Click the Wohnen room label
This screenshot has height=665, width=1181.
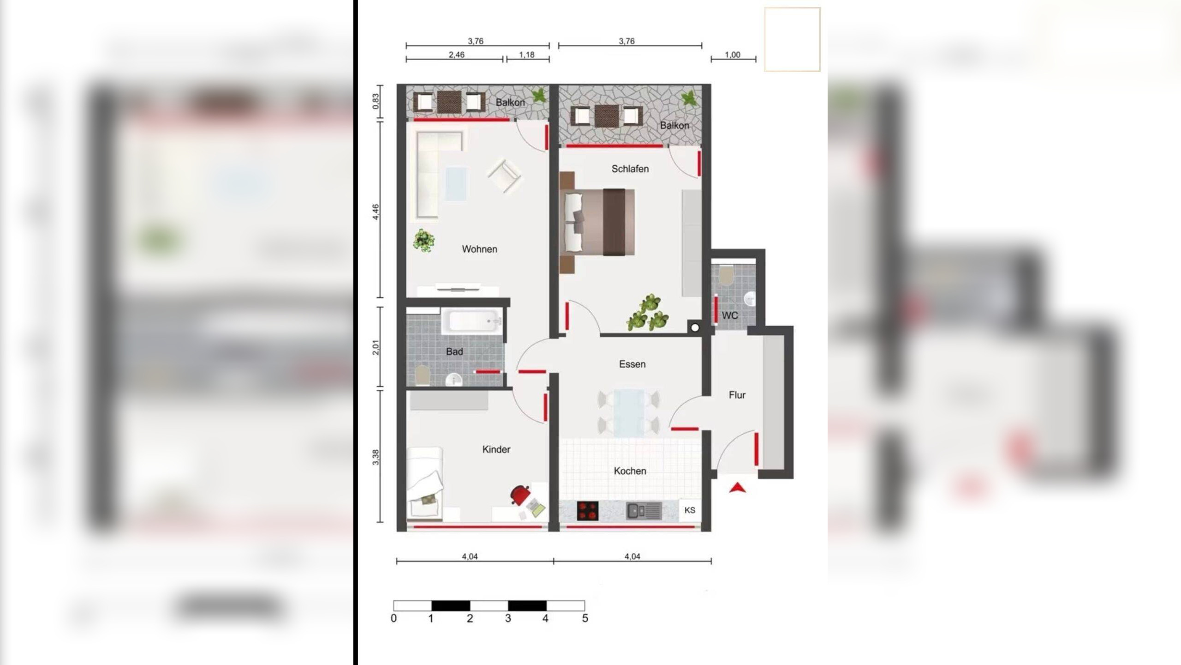click(479, 249)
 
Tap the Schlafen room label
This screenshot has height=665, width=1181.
click(630, 169)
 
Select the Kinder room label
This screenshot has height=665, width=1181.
click(496, 449)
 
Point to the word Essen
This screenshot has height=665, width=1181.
click(632, 364)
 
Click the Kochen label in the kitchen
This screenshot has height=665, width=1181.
click(630, 471)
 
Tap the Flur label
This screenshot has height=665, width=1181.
click(737, 395)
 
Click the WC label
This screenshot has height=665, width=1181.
click(730, 315)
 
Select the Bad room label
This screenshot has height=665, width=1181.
click(454, 352)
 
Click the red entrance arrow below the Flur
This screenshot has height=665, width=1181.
click(737, 487)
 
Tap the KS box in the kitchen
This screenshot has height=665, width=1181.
click(690, 510)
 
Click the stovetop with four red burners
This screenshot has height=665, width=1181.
click(588, 511)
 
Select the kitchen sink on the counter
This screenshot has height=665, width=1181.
click(644, 510)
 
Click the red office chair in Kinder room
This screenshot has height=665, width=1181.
click(520, 495)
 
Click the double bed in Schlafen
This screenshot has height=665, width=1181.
click(597, 222)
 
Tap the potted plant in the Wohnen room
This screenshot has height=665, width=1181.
click(423, 241)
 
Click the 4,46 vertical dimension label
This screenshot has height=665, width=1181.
click(376, 212)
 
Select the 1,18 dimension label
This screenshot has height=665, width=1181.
click(526, 54)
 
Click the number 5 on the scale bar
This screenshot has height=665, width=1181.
click(585, 618)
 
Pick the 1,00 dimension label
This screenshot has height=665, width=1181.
click(732, 54)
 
